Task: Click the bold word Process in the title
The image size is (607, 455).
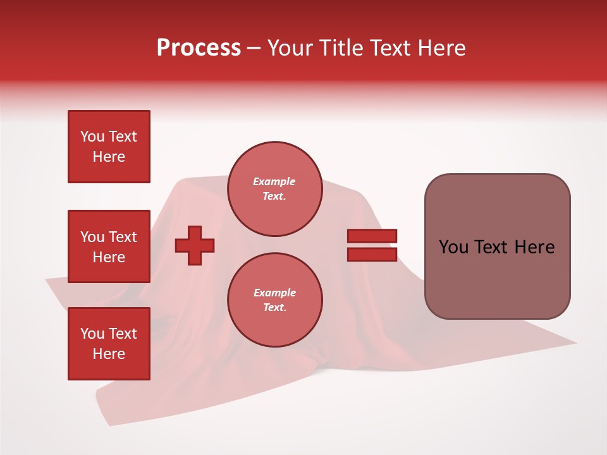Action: coord(199,48)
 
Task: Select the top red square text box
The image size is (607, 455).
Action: coord(109,147)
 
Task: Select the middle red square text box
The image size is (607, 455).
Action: coord(109,246)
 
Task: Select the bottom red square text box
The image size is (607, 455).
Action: coord(109,344)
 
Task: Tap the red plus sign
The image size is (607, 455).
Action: coord(195,245)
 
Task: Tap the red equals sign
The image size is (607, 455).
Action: coord(372,245)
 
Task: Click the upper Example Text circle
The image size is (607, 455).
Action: coord(274,189)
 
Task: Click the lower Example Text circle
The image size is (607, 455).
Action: coord(274,300)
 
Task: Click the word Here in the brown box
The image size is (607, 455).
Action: coord(534,247)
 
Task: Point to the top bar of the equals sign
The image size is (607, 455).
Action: coord(372,236)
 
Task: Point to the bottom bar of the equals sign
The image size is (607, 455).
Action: coord(372,254)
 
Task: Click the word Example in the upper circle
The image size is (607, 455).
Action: coord(274,181)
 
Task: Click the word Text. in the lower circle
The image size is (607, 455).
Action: coord(274,308)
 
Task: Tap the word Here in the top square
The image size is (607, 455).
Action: coord(109,157)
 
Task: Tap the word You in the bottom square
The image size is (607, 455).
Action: coord(92,334)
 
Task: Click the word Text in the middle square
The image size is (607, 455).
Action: coord(123,237)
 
